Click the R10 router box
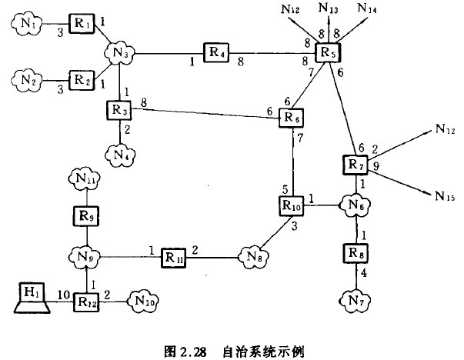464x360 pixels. click(292, 206)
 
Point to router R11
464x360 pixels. click(174, 256)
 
